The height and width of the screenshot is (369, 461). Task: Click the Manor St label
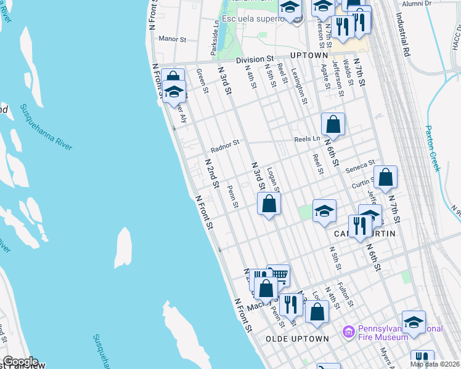[x=172, y=39]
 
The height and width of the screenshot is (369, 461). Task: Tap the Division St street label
[x=254, y=60]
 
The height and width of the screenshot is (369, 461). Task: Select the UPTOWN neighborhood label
[x=309, y=55]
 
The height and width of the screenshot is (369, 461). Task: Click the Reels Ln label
[x=306, y=139]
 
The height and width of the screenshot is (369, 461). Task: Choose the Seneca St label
[x=360, y=166]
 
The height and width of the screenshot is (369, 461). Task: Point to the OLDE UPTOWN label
[x=297, y=339]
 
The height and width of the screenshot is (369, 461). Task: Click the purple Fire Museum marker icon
[x=348, y=331]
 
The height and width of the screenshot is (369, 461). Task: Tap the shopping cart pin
[x=279, y=274]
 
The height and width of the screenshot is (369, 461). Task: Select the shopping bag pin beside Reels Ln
[x=333, y=124]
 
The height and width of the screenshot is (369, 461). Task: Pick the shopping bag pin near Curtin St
[x=385, y=177]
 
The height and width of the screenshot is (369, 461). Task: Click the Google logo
[x=20, y=362]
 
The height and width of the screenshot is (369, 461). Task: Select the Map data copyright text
[x=434, y=364]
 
